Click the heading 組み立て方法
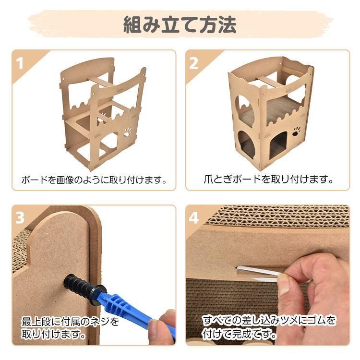[x=180, y=24]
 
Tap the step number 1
[x=21, y=63]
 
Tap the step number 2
[x=194, y=63]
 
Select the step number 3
[x=21, y=218]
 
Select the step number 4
[x=194, y=218]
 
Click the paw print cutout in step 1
[x=128, y=130]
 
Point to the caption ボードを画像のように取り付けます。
[x=94, y=180]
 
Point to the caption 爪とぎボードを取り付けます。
[x=267, y=180]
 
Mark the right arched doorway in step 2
[x=277, y=144]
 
